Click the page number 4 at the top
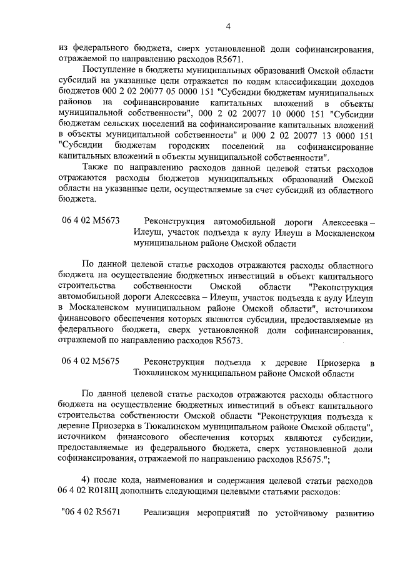(x=228, y=26)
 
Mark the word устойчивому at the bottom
(x=301, y=514)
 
